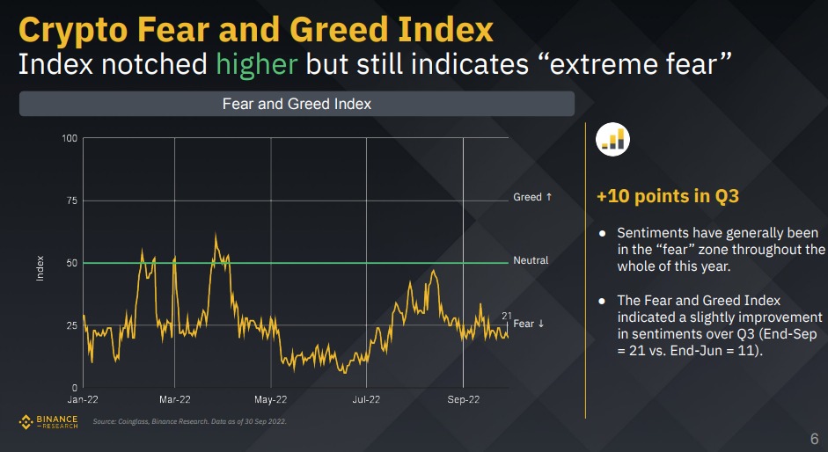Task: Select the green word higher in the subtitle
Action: tap(260, 64)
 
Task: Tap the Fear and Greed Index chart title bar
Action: tap(297, 104)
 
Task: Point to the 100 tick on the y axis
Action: tap(70, 138)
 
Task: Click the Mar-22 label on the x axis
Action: tap(174, 400)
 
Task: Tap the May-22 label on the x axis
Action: tap(270, 400)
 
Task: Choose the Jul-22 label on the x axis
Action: tap(366, 400)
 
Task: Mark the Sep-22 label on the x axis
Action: tap(463, 400)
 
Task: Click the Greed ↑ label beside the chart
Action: tap(532, 197)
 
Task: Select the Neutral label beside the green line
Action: tap(531, 260)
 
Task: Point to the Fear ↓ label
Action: tap(529, 324)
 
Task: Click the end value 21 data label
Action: tap(507, 316)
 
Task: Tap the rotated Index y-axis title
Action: tap(40, 268)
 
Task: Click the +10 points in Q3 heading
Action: tap(668, 196)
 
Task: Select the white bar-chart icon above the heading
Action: tap(612, 139)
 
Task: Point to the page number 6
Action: tap(813, 438)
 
